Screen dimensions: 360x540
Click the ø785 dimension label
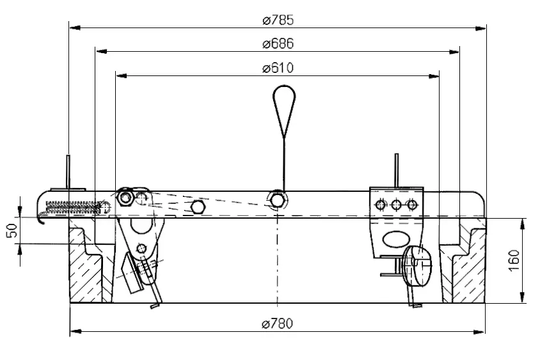[x=278, y=20]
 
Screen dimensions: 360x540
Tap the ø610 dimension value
[x=278, y=68]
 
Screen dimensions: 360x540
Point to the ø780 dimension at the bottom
[x=278, y=324]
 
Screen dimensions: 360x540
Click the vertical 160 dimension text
[x=516, y=260]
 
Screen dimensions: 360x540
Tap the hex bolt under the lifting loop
[x=278, y=200]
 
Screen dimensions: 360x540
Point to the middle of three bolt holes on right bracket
[x=397, y=205]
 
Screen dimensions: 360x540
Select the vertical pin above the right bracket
[x=397, y=169]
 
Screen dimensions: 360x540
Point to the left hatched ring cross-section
[x=86, y=269]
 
